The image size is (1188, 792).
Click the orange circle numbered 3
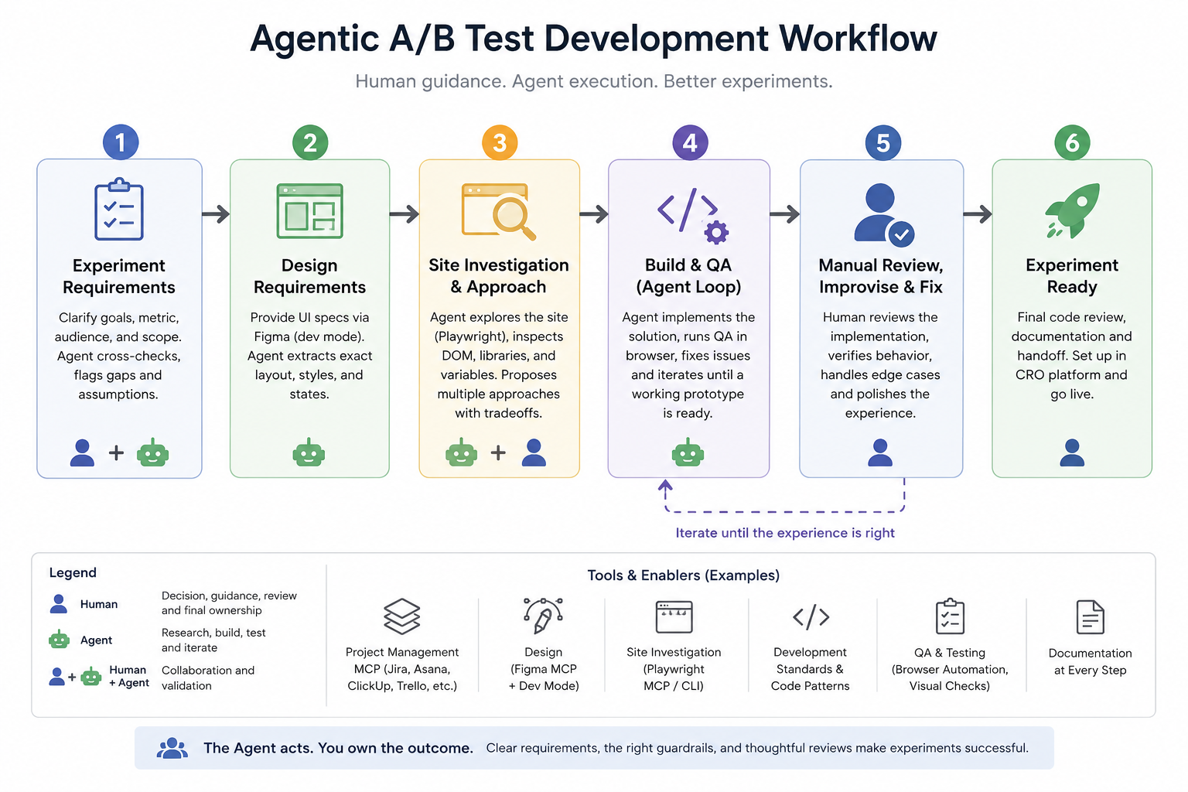499,142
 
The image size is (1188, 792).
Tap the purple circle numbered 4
689,142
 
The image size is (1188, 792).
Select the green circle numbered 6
1072,142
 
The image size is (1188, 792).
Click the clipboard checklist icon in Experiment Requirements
119,209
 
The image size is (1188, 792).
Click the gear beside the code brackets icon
716,232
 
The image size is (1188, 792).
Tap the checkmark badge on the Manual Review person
901,234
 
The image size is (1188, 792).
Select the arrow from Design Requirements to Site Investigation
405,213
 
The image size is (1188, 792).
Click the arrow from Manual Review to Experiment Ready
978,213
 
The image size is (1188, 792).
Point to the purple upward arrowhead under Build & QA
665,485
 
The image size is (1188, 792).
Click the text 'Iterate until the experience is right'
784,533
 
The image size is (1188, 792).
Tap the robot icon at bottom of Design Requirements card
309,452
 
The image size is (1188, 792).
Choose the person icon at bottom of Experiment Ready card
1072,452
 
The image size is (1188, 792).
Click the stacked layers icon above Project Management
401,616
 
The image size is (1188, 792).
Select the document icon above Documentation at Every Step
1090,617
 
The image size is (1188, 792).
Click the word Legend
73,573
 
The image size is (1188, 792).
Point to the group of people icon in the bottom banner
172,748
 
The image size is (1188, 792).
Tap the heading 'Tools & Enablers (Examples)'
683,575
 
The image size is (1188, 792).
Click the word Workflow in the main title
858,39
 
